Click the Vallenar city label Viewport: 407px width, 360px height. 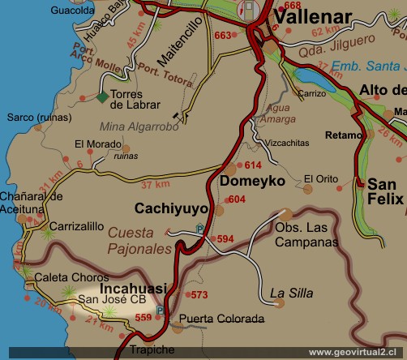(312, 17)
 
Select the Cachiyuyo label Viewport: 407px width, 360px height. (171, 208)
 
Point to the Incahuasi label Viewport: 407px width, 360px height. (133, 288)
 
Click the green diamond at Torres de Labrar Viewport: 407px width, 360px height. (101, 97)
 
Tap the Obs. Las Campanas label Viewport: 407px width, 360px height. (306, 235)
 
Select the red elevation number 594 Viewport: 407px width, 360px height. (225, 238)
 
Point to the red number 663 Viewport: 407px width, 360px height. (223, 36)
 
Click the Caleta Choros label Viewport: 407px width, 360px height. (66, 277)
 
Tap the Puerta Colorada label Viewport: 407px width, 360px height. (221, 319)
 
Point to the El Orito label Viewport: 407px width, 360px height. (320, 178)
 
